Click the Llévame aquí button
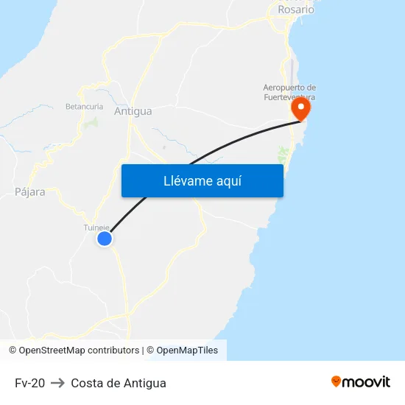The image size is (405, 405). tap(202, 180)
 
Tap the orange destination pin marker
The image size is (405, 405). tap(300, 108)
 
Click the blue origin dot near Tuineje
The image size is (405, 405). tap(105, 239)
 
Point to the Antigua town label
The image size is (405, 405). tap(133, 111)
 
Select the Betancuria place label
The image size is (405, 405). tap(84, 106)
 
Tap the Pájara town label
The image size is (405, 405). tap(30, 191)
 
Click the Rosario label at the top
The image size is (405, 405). tap(296, 10)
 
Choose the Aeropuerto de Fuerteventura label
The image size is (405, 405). tap(289, 92)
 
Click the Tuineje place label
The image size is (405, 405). tap(96, 228)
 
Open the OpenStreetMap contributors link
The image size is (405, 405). tap(79, 351)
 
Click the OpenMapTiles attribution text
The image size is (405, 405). tap(187, 351)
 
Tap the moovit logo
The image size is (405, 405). tap(360, 381)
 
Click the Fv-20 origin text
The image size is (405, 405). tap(29, 383)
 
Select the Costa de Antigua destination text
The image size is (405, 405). tap(119, 383)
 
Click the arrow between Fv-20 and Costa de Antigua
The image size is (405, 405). tap(57, 383)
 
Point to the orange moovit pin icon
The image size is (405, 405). tap(336, 381)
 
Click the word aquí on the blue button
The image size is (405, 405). tap(228, 180)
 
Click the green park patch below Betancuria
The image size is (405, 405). tap(91, 121)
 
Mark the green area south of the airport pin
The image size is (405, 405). tap(283, 155)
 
